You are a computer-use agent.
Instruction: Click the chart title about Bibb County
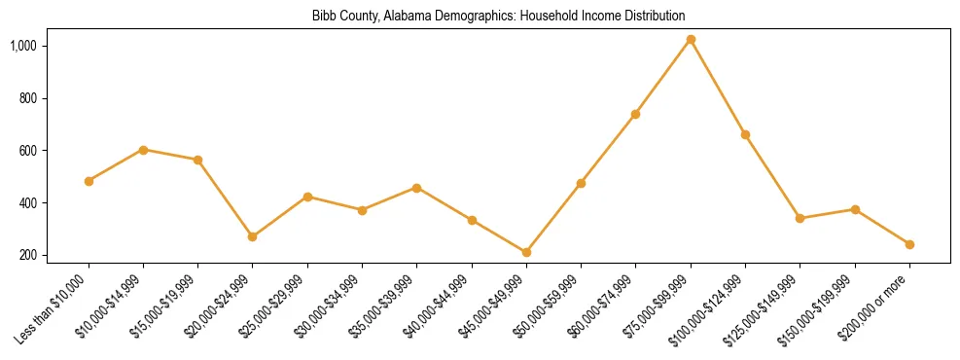pyautogui.click(x=498, y=17)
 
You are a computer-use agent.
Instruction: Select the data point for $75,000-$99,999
pyautogui.click(x=691, y=40)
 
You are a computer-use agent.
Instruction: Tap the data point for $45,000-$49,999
pyautogui.click(x=526, y=253)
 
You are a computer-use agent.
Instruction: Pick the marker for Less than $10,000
pyautogui.click(x=89, y=181)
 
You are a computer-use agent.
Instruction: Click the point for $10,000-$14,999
pyautogui.click(x=143, y=150)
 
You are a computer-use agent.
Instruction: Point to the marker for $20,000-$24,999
pyautogui.click(x=253, y=236)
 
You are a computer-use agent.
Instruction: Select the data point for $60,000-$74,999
pyautogui.click(x=635, y=114)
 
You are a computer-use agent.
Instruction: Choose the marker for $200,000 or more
pyautogui.click(x=909, y=244)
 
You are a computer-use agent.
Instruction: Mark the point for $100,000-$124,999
pyautogui.click(x=745, y=134)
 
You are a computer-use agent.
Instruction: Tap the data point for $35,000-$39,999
pyautogui.click(x=416, y=188)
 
